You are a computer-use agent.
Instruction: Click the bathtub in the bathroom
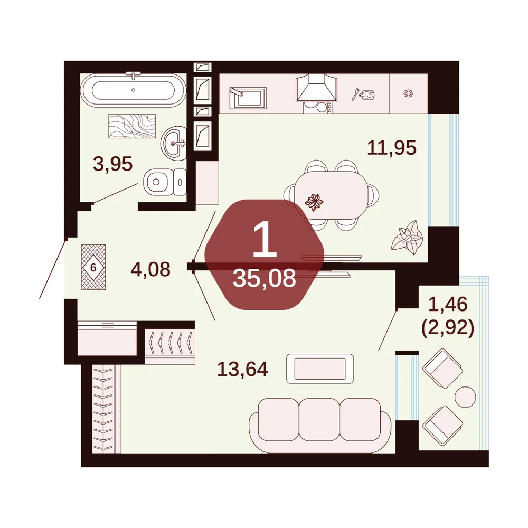(x=133, y=89)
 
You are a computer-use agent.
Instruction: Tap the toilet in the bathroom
(x=165, y=182)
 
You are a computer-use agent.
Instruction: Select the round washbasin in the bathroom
(x=174, y=142)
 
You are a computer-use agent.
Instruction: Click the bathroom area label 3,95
(x=113, y=164)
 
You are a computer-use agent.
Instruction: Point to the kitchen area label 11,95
(x=392, y=148)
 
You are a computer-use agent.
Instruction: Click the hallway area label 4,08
(x=150, y=269)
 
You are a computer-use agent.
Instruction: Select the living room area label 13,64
(x=242, y=369)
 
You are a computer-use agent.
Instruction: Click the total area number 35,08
(x=265, y=278)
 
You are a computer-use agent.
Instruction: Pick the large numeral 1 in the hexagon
(x=265, y=239)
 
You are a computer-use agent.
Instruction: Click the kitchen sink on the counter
(x=248, y=98)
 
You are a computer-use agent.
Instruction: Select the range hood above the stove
(x=316, y=88)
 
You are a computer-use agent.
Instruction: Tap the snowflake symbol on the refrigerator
(x=408, y=93)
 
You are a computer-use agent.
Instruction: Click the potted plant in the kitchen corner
(x=408, y=237)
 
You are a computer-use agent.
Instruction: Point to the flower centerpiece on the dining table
(x=314, y=202)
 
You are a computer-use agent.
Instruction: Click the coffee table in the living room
(x=320, y=369)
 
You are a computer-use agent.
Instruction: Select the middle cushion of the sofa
(x=319, y=419)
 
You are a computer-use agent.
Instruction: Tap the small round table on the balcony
(x=465, y=397)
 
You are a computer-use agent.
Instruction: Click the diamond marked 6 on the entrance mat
(x=93, y=267)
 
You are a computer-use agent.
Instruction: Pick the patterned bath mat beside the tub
(x=132, y=126)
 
